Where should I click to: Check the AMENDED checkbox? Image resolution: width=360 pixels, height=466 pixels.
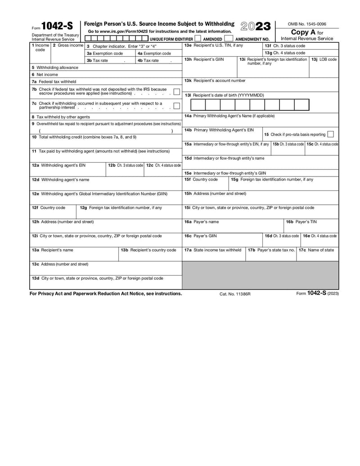click(198, 39)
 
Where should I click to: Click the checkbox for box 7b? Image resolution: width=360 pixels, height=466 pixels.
click(177, 91)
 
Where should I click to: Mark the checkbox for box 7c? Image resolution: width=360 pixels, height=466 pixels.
click(177, 106)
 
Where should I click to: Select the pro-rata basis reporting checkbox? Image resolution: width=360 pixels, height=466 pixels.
click(331, 134)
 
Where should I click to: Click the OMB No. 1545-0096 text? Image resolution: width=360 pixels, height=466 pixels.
click(307, 24)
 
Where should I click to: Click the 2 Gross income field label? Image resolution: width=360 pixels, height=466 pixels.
click(68, 45)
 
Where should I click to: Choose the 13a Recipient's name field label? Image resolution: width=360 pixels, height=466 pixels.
click(53, 250)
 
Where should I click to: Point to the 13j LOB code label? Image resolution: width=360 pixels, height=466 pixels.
click(324, 59)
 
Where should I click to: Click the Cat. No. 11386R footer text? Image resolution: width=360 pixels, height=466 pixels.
click(235, 294)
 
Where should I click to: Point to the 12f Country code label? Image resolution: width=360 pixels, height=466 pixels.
click(49, 208)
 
